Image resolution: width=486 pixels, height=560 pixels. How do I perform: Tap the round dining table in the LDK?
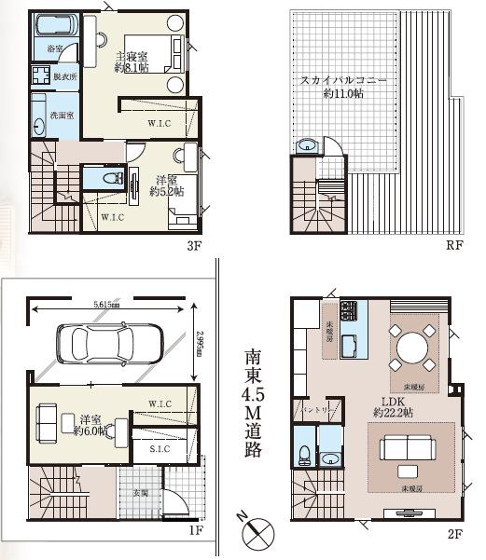click(x=413, y=348)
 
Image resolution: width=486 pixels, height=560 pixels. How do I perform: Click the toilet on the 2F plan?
click(x=304, y=453)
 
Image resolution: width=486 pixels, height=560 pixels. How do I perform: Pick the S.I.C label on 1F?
click(x=160, y=449)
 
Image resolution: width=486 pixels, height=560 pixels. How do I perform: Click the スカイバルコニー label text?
click(x=343, y=81)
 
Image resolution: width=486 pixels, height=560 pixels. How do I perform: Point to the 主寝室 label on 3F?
click(x=132, y=57)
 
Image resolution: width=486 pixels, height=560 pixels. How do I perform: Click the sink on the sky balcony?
click(x=308, y=145)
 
